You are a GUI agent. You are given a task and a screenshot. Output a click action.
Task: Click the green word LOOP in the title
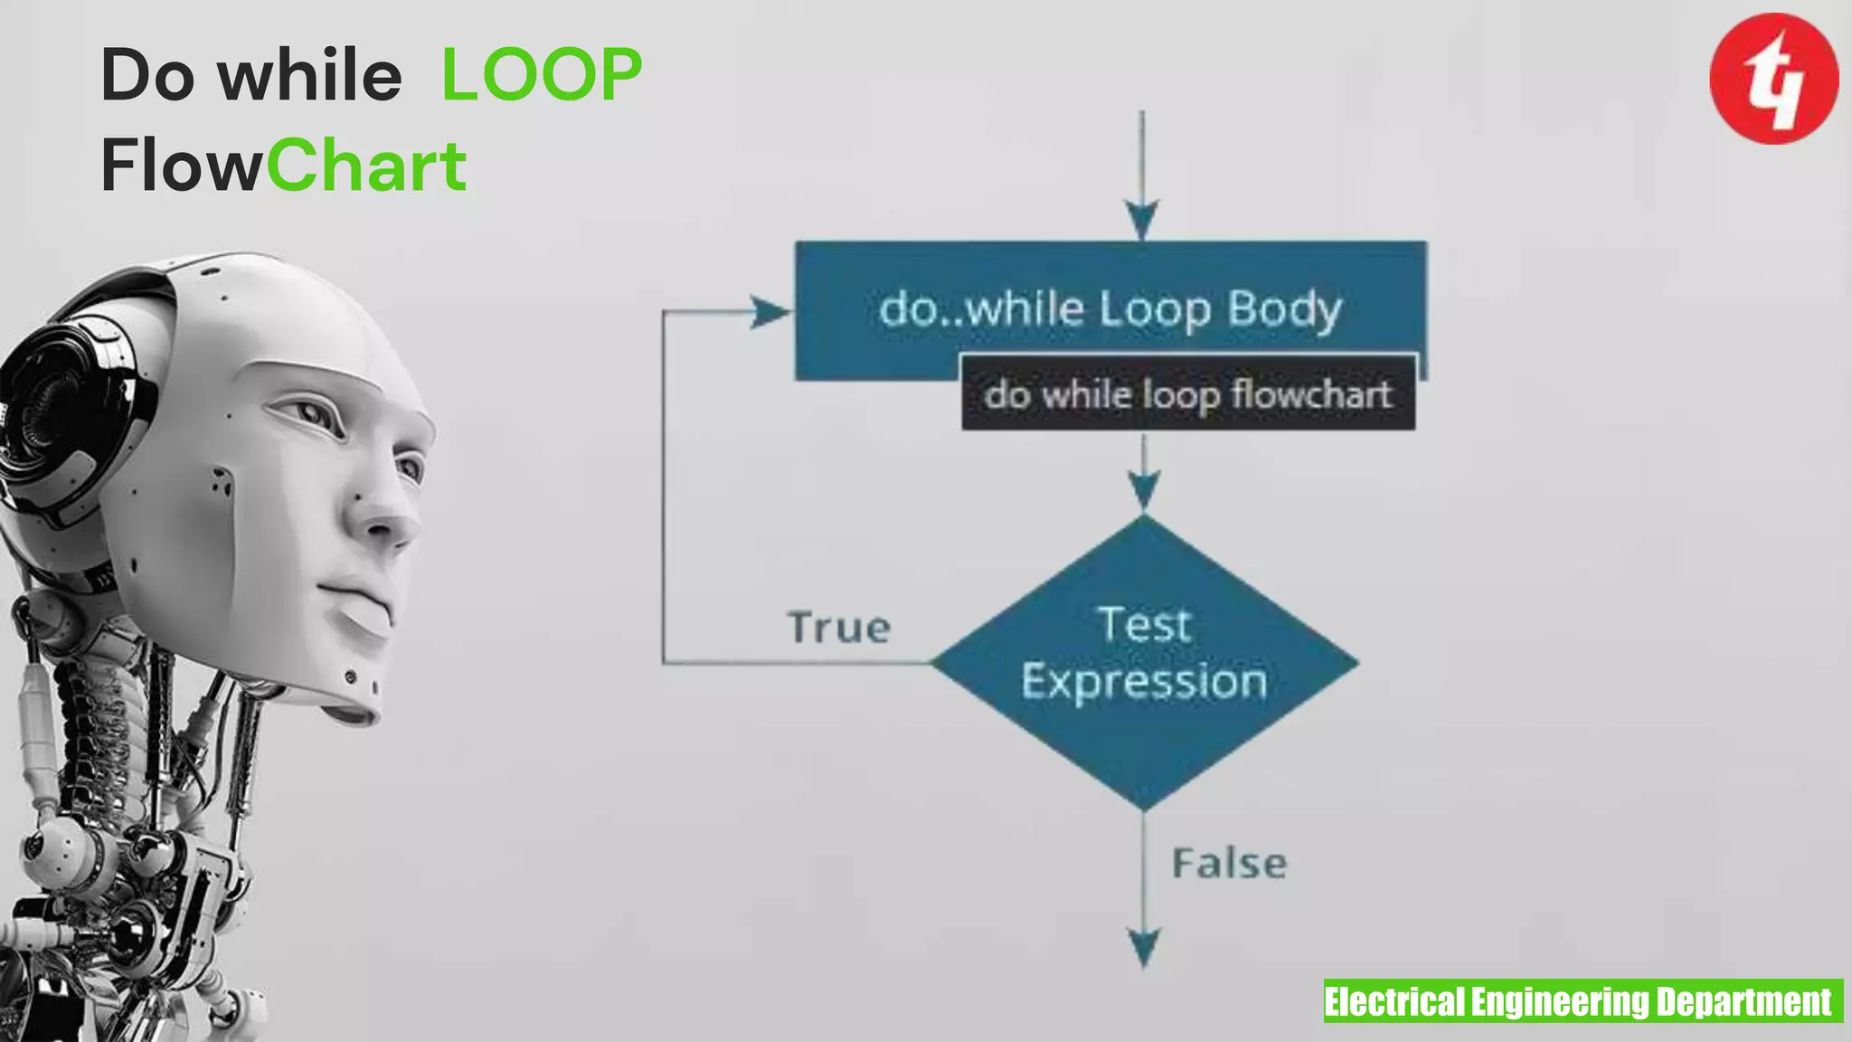542,74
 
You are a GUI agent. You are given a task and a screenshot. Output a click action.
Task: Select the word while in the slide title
310,74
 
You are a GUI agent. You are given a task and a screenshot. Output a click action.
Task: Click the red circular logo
1773,79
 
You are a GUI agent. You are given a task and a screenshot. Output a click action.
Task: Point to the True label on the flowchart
839,628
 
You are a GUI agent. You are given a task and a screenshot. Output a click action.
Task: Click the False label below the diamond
1229,864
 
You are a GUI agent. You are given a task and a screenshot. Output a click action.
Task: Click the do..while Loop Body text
1110,309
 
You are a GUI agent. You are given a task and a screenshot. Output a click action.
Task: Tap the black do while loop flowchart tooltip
1187,394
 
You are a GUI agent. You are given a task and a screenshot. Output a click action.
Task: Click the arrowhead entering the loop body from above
1142,220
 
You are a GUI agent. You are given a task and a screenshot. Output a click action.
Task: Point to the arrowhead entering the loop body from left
770,313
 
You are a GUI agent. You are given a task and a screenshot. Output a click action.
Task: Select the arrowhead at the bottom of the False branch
1145,948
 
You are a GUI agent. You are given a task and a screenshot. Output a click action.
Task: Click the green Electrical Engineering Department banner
1583,1001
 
